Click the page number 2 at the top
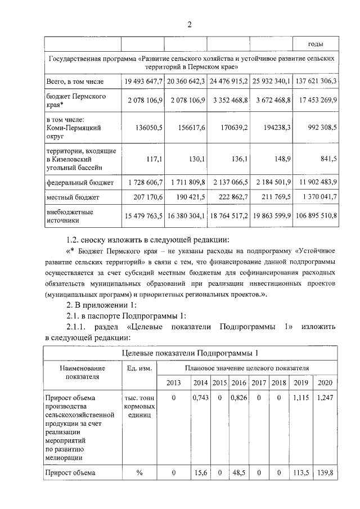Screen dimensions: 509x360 pos(190,24)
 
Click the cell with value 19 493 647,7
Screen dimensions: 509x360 pos(143,82)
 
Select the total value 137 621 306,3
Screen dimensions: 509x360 pos(317,82)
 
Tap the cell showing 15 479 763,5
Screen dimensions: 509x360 pos(143,215)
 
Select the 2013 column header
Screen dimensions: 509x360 pos(174,383)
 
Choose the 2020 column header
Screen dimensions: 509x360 pos(325,383)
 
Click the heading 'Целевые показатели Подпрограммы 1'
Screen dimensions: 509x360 pos(191,353)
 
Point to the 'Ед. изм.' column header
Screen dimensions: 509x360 pos(139,368)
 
